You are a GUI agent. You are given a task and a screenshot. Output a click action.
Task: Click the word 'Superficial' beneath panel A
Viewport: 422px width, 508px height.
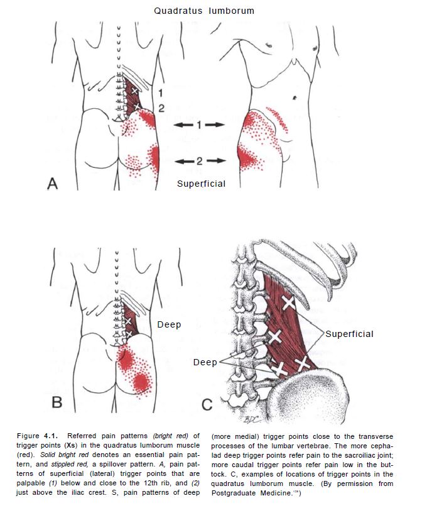tap(201, 184)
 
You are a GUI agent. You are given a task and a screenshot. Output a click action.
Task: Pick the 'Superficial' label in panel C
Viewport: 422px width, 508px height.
tap(349, 334)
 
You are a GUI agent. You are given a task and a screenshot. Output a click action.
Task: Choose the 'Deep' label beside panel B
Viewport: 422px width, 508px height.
tap(170, 324)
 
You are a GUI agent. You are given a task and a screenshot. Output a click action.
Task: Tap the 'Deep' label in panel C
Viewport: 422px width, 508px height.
tap(205, 362)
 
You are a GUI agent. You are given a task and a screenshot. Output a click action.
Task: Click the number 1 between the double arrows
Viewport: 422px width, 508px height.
tap(199, 125)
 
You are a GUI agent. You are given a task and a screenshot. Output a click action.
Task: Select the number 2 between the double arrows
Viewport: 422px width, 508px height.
tap(199, 161)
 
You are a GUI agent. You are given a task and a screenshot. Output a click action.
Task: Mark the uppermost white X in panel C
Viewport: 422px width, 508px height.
tap(288, 304)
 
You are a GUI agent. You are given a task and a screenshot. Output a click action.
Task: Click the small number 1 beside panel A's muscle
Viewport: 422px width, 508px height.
tap(160, 93)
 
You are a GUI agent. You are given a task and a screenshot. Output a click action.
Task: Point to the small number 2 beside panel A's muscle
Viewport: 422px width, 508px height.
tap(161, 108)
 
